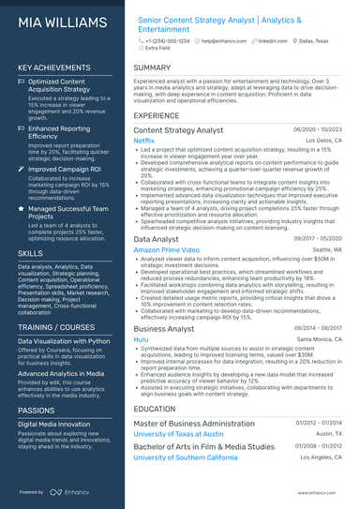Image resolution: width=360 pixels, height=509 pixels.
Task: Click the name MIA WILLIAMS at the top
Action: pyautogui.click(x=60, y=20)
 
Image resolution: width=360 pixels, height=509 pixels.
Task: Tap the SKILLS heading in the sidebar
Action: pyautogui.click(x=30, y=253)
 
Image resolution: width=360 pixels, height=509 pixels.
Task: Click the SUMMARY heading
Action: pyautogui.click(x=152, y=68)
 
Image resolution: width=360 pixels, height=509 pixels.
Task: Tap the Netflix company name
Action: pyautogui.click(x=144, y=141)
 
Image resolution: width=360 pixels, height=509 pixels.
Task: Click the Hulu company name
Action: pyautogui.click(x=142, y=340)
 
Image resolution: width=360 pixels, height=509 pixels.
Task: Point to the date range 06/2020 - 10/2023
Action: pyautogui.click(x=319, y=129)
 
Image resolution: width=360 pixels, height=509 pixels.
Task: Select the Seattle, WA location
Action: pyautogui.click(x=327, y=250)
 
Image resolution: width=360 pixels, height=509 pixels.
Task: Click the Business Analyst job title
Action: pyautogui.click(x=165, y=329)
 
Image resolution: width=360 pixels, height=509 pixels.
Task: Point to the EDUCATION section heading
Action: pyautogui.click(x=156, y=409)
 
